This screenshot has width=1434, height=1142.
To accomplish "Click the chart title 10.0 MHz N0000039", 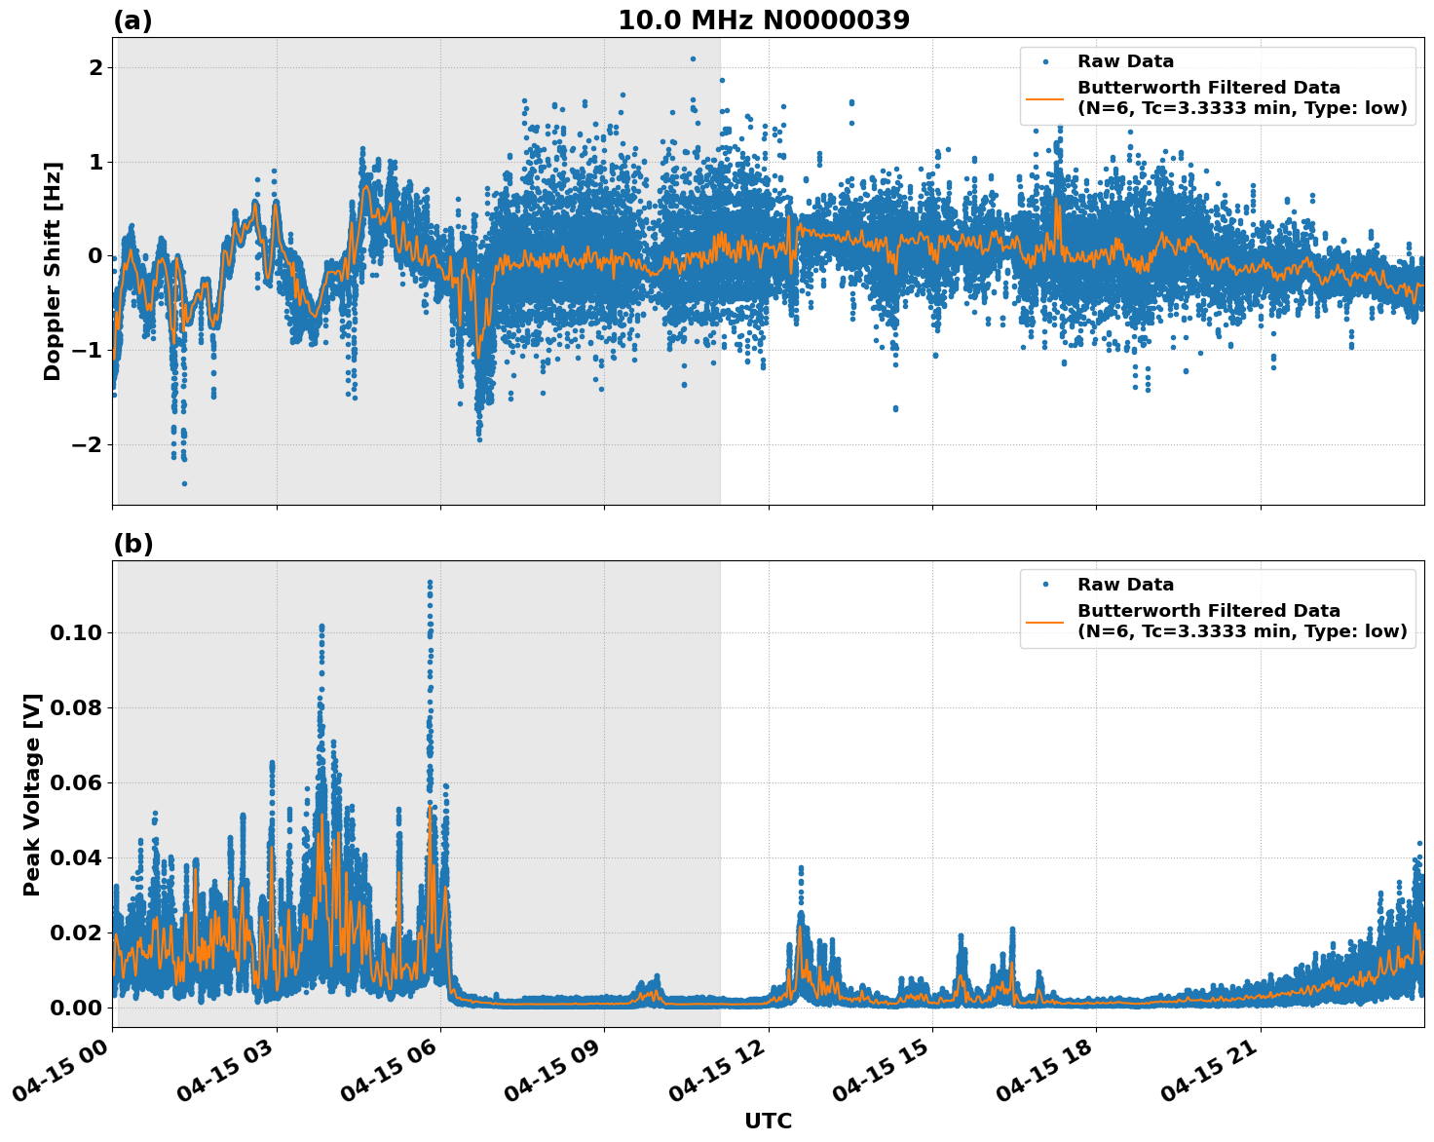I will pos(764,20).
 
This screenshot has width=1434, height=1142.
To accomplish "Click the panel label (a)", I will pos(132,20).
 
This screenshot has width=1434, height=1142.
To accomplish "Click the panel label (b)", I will pos(132,544).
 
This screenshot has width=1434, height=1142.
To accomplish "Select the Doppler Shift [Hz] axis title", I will pos(53,271).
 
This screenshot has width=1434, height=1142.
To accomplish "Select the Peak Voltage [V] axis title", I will pos(32,794).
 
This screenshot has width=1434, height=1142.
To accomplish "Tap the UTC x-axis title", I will pos(768,1121).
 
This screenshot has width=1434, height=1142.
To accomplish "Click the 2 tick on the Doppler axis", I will pos(95,67).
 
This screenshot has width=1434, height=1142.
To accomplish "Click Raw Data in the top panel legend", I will pos(1125,61).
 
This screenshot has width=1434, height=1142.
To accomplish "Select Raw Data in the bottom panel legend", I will pos(1125,585).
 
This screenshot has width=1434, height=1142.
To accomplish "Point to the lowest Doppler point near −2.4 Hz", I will pos(184,483).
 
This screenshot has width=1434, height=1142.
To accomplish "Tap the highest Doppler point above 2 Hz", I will pos(693,58).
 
